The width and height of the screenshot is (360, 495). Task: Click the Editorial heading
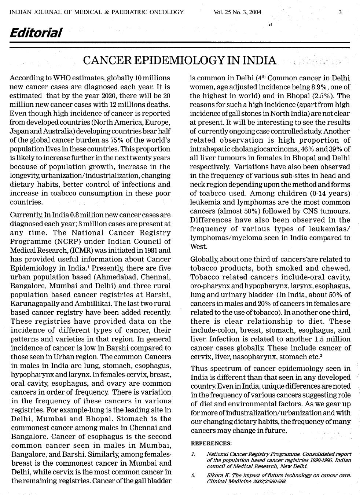36,33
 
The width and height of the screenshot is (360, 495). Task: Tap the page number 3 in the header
340,12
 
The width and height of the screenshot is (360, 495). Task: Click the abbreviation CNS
309,211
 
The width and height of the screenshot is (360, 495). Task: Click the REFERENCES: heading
211,444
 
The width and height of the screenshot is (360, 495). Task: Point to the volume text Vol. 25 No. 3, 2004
237,12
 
